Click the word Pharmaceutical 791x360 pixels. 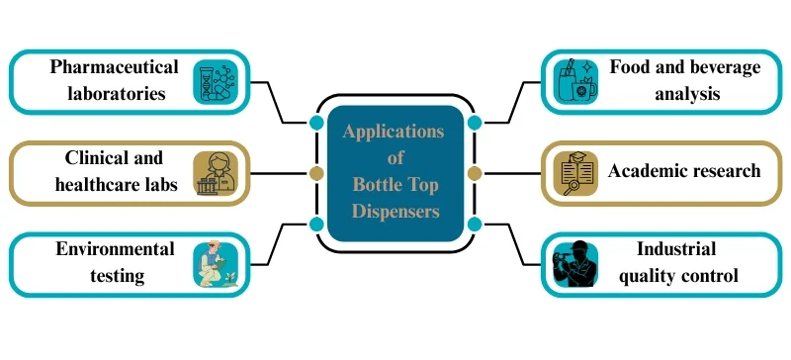coord(115,68)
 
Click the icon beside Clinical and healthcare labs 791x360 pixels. coord(216,173)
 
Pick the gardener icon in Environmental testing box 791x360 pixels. coord(215,264)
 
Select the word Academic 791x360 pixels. coord(647,171)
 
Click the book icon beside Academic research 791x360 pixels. coord(574,173)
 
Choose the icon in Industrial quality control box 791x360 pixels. coord(574,264)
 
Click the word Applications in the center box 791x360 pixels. coord(394,132)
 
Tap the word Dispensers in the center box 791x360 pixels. coord(395,210)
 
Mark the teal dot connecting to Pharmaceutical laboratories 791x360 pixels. coord(316,123)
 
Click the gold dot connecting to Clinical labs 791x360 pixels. coord(316,173)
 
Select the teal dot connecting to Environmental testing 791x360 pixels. coord(316,224)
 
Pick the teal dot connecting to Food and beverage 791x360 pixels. coord(474,123)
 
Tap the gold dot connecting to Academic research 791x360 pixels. coord(474,173)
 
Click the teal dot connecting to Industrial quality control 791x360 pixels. coord(474,224)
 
